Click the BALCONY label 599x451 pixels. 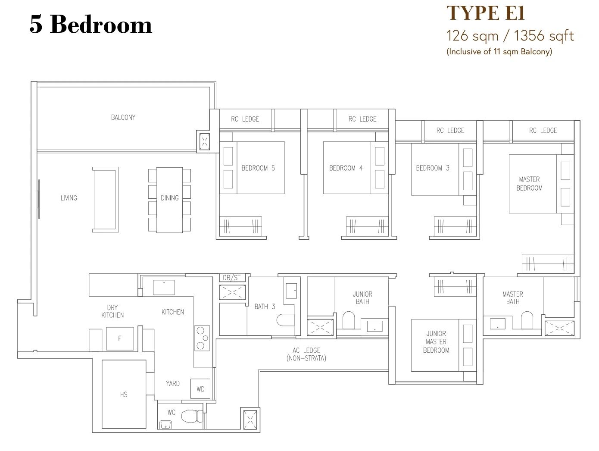pyautogui.click(x=123, y=117)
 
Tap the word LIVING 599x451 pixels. pyautogui.click(x=69, y=198)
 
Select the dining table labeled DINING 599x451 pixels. pyautogui.click(x=169, y=200)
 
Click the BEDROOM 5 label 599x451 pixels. pyautogui.click(x=258, y=168)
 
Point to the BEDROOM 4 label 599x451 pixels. pyautogui.click(x=346, y=168)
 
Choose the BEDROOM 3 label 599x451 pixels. pyautogui.click(x=433, y=168)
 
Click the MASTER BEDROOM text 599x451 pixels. pyautogui.click(x=530, y=183)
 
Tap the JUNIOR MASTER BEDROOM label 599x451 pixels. pyautogui.click(x=436, y=342)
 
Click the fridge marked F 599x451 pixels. pyautogui.click(x=120, y=338)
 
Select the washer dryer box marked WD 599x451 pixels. pyautogui.click(x=200, y=389)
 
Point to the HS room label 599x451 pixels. pyautogui.click(x=124, y=394)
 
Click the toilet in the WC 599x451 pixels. pyautogui.click(x=192, y=416)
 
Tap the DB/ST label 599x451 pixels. pyautogui.click(x=232, y=278)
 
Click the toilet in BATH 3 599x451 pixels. pyautogui.click(x=285, y=320)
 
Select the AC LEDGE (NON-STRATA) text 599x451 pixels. pyautogui.click(x=306, y=354)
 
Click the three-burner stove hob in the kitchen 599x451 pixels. pyautogui.click(x=202, y=338)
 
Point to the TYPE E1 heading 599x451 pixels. pyautogui.click(x=486, y=13)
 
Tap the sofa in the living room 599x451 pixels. pyautogui.click(x=106, y=200)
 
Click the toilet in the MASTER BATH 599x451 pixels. pyautogui.click(x=527, y=320)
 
